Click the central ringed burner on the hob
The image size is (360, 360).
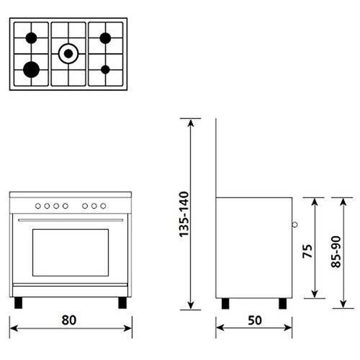pos(68,52)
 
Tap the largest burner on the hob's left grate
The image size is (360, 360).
pos(31,68)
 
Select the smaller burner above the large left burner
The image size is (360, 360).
pos(31,37)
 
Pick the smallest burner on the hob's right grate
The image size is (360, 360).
pos(106,69)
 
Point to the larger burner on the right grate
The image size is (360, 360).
pos(106,37)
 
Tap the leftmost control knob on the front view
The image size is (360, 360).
pos(40,205)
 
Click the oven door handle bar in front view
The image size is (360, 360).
pos(70,220)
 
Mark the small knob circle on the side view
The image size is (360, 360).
pos(294,225)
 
